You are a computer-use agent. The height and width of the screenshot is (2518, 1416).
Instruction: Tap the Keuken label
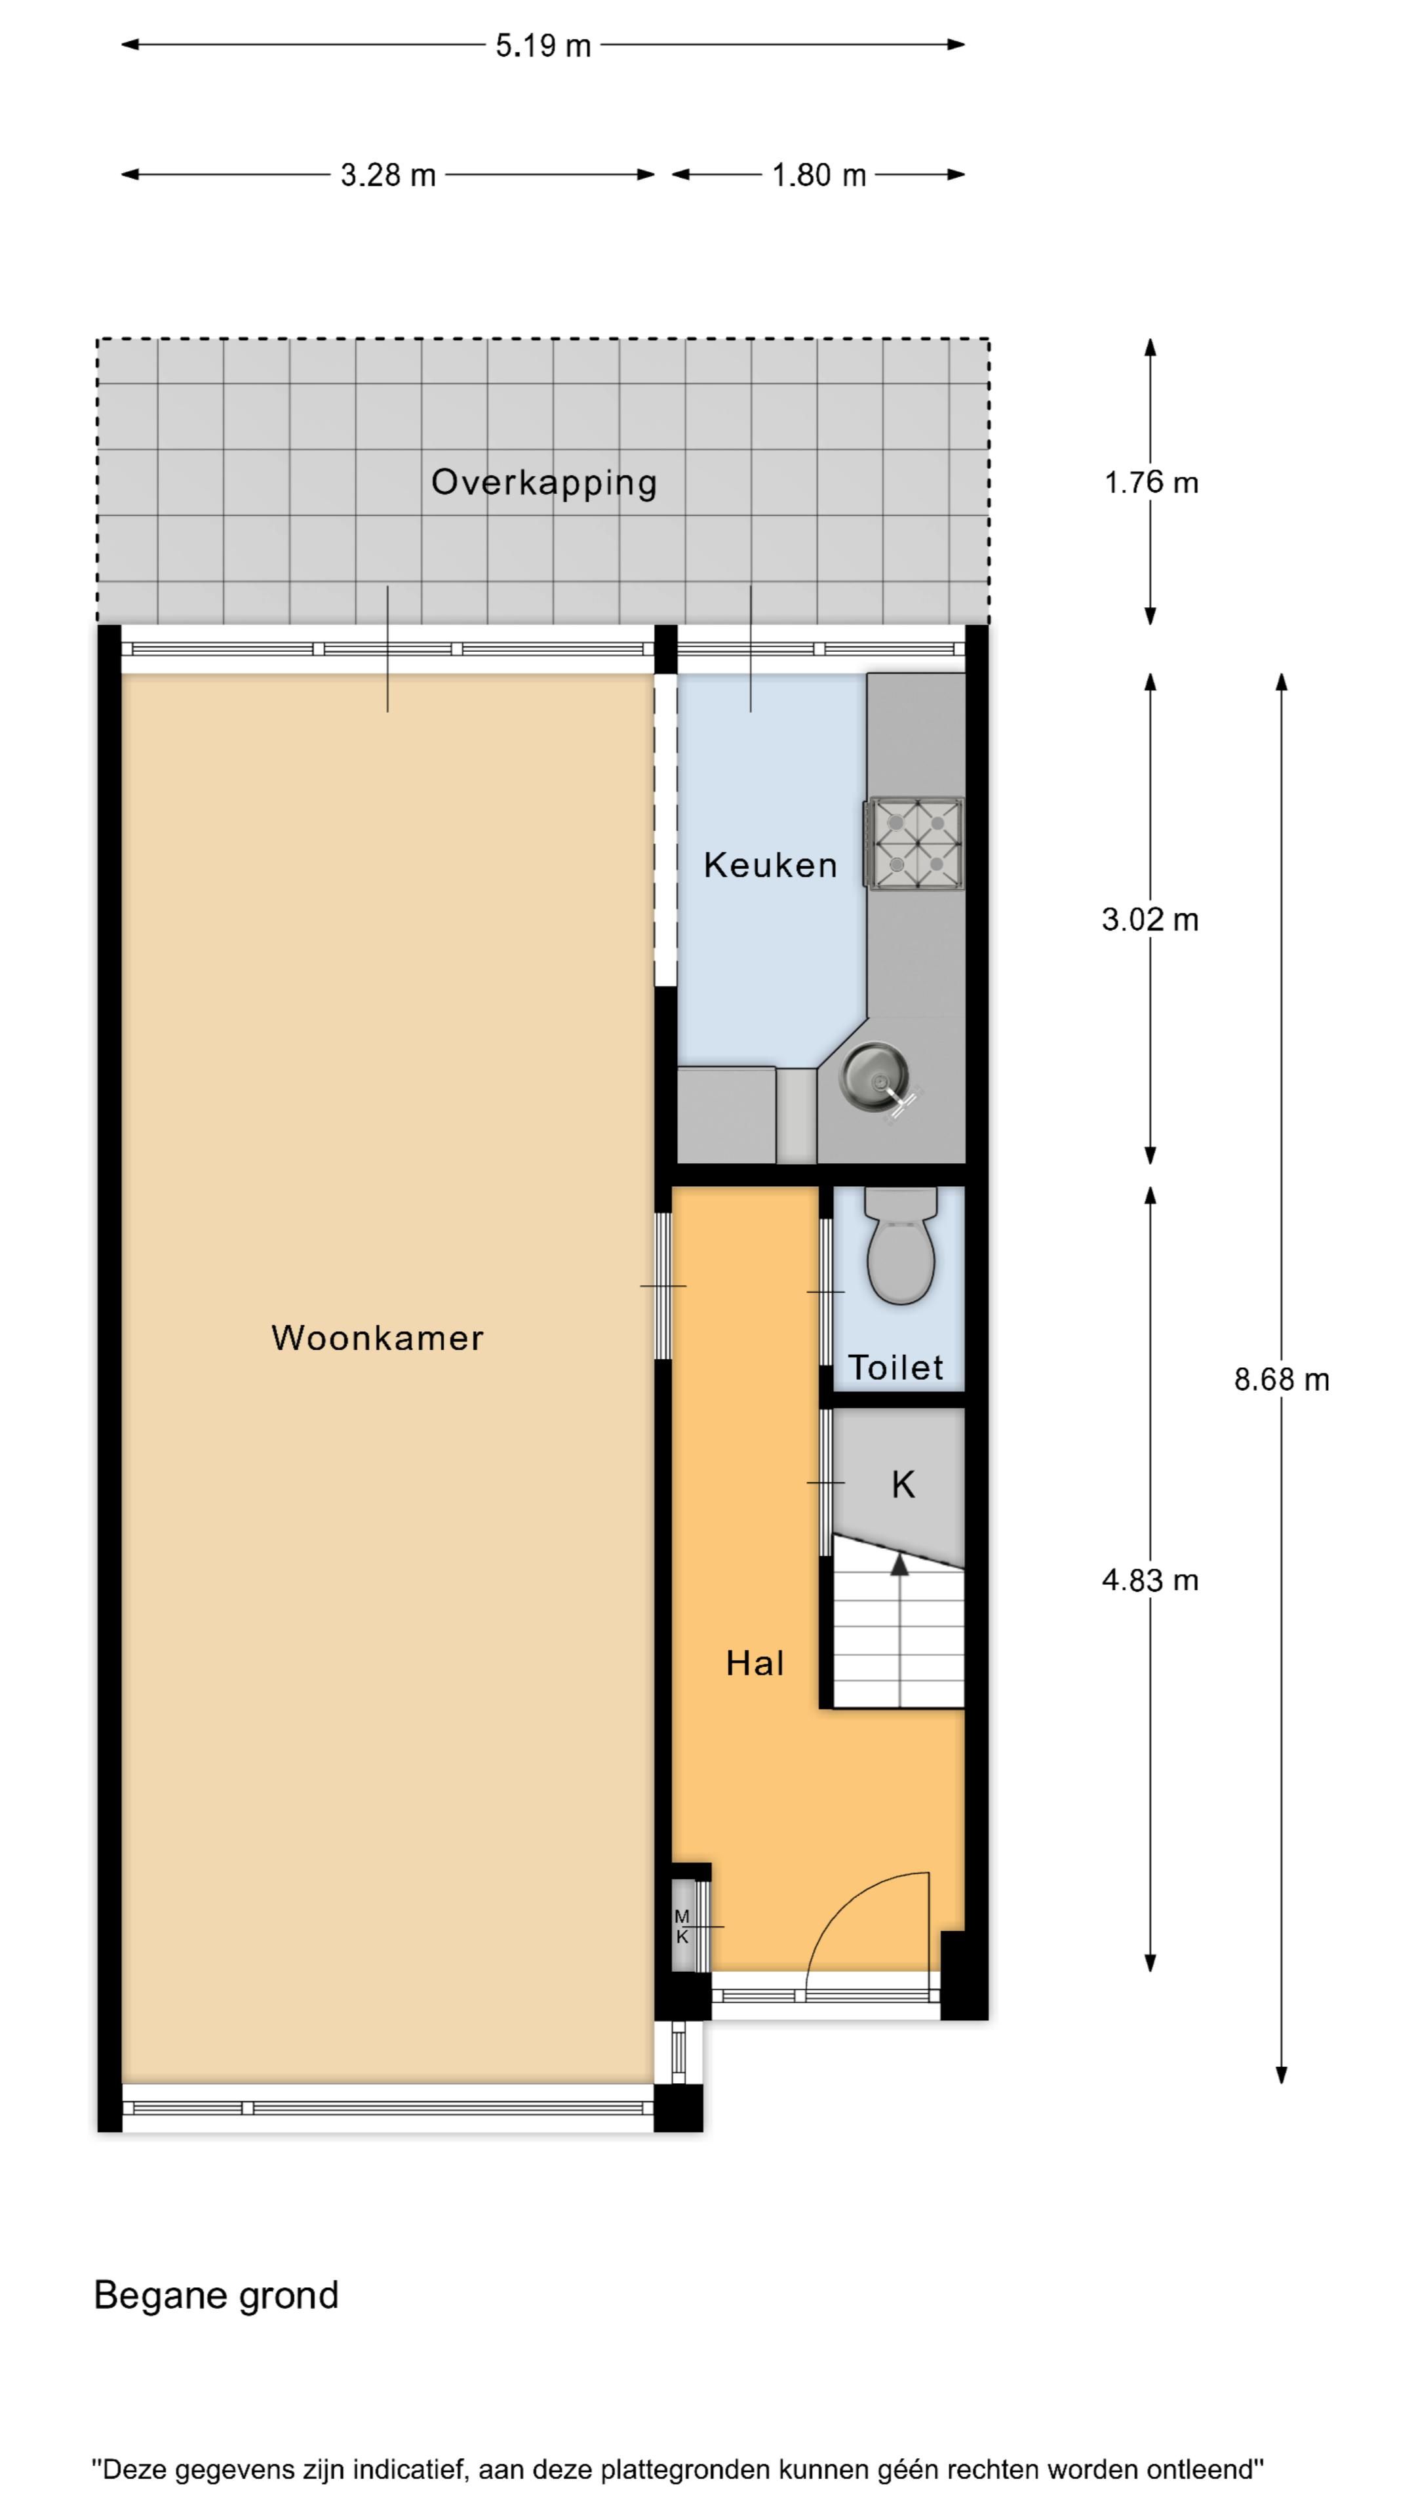[770, 865]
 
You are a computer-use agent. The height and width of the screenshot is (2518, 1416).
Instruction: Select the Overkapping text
[543, 482]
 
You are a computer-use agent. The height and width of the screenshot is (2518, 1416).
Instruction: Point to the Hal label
[755, 1663]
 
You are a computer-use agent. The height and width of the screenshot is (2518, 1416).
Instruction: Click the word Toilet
[895, 1367]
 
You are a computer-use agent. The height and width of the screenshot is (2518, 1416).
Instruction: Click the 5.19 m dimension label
[543, 45]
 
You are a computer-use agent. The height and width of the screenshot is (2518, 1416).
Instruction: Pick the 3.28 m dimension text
[388, 175]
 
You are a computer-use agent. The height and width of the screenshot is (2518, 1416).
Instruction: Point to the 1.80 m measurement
[819, 175]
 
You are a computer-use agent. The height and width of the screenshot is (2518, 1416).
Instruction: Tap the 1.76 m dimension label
[1150, 483]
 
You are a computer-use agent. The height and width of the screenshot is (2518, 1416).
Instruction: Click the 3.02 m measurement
[1150, 920]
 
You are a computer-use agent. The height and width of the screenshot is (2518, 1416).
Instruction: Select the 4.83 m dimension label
[1150, 1580]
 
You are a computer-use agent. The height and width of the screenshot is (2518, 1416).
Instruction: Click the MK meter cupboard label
[682, 1926]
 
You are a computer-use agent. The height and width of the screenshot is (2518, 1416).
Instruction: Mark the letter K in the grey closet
[902, 1485]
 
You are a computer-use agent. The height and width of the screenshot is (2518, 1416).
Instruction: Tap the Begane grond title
[216, 2295]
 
